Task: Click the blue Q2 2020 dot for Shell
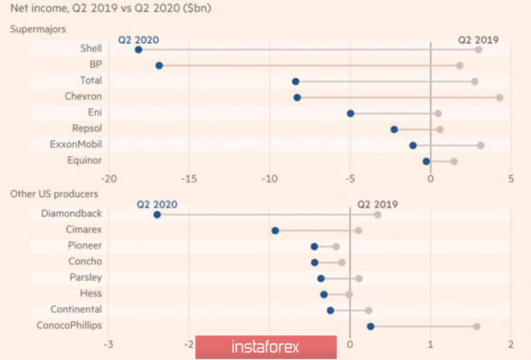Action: coord(139,50)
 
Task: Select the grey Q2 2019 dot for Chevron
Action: coord(499,98)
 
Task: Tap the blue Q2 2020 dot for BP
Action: coord(159,65)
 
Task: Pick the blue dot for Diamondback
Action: coord(157,214)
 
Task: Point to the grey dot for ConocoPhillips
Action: coord(477,326)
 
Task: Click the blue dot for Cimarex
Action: coord(275,231)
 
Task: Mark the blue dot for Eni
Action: coord(350,113)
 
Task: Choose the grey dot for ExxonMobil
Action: coord(480,145)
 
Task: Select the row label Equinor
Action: coord(85,160)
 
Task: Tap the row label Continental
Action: coord(78,309)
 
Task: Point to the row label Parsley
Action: coord(86,278)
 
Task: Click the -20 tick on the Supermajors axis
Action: coord(108,178)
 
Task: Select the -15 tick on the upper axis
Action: coord(188,178)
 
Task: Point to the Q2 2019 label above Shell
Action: coord(478,39)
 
